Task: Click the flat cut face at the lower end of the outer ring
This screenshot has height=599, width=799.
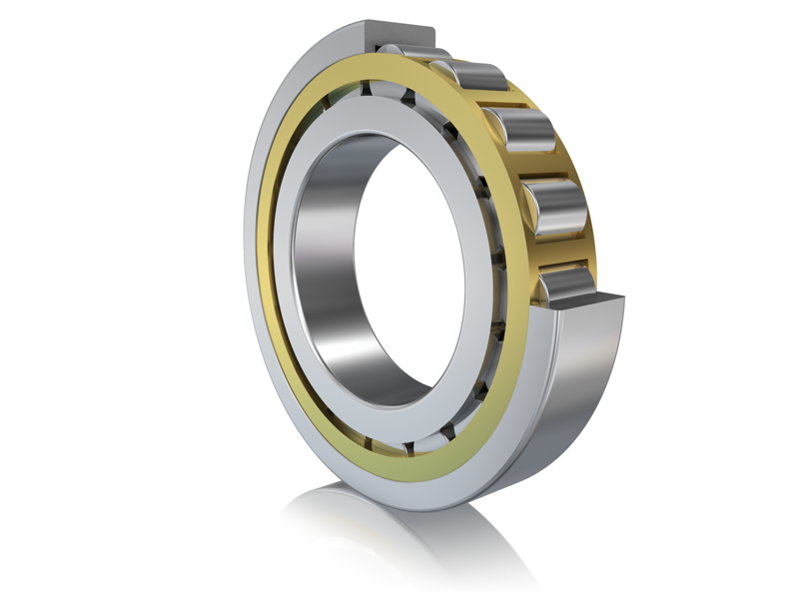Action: pos(589,305)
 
